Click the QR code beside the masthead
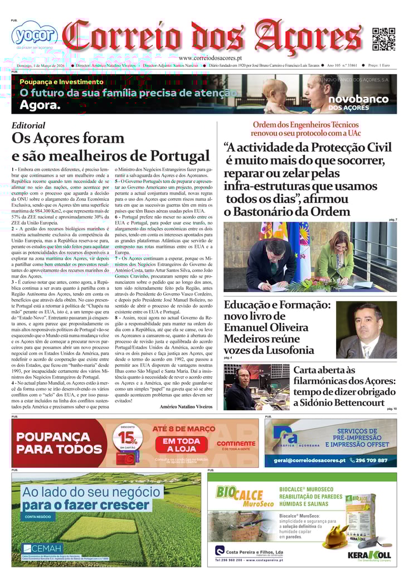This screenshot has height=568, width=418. click(x=383, y=38)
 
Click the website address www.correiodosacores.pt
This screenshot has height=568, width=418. click(x=210, y=58)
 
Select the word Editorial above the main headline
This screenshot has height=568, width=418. click(x=28, y=126)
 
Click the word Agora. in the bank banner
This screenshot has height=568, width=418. click(x=40, y=105)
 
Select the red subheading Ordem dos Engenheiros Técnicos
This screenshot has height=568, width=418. click(x=305, y=125)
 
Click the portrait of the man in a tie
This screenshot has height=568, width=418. click(x=366, y=330)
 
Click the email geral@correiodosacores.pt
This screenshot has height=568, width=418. click(x=309, y=460)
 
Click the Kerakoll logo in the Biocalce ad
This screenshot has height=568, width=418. click(x=369, y=555)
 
